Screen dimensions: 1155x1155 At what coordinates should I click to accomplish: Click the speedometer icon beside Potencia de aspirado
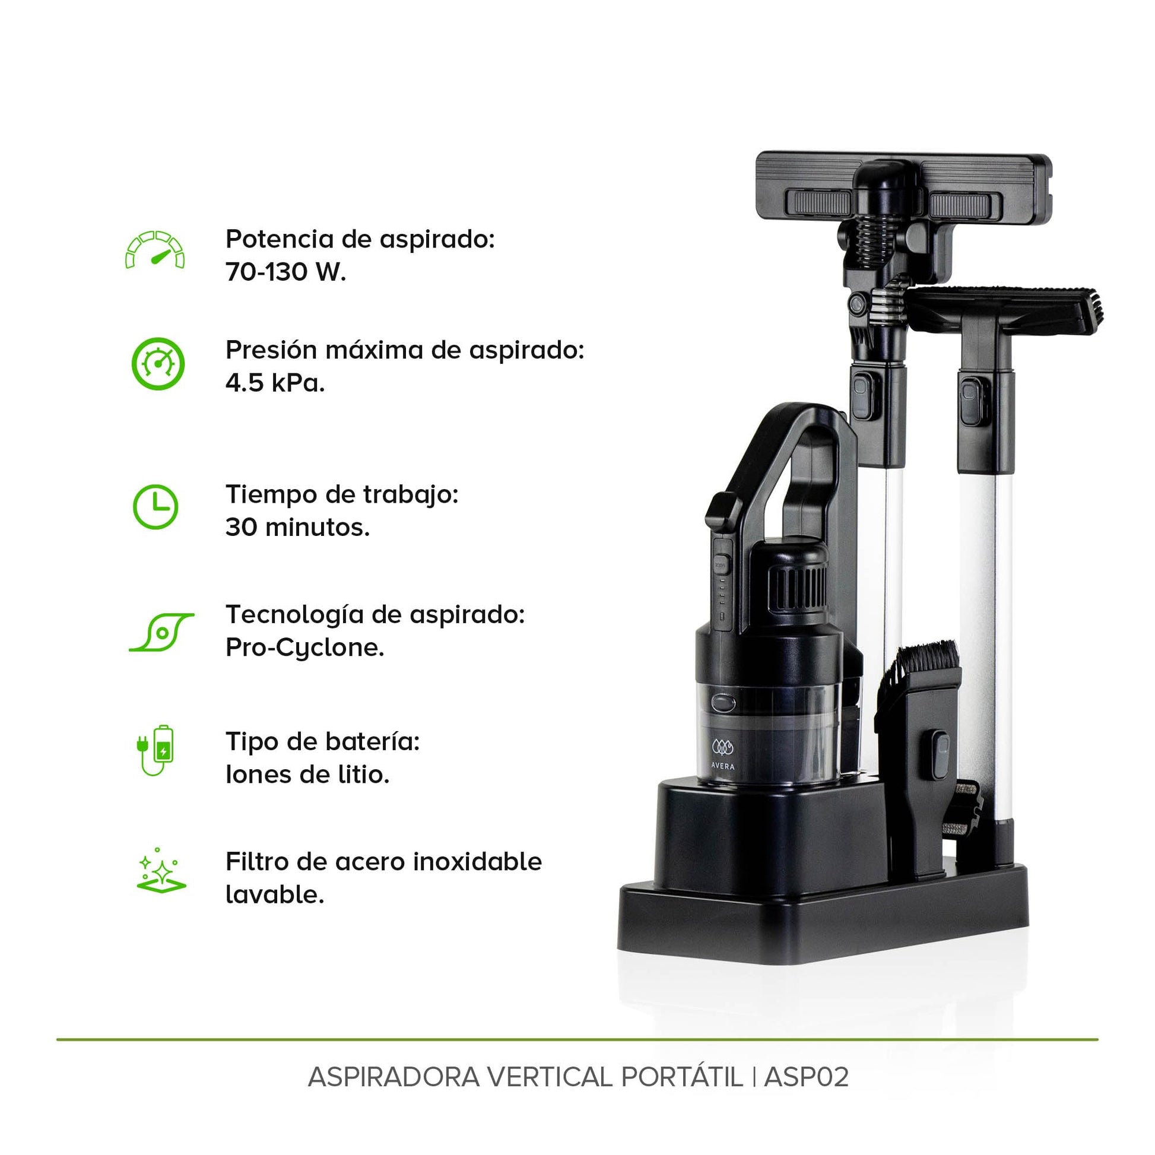pyautogui.click(x=155, y=249)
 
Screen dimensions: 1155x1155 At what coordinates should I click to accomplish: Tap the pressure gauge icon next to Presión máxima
pyautogui.click(x=158, y=364)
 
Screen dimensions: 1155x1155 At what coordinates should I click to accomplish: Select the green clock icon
pyautogui.click(x=156, y=507)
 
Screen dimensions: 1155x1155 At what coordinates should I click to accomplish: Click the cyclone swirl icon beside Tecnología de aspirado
pyautogui.click(x=162, y=632)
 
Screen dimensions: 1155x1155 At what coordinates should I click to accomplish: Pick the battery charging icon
pyautogui.click(x=156, y=750)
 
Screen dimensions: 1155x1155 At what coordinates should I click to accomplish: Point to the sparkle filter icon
pyautogui.click(x=161, y=871)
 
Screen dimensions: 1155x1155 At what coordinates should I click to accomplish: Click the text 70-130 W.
pyautogui.click(x=285, y=272)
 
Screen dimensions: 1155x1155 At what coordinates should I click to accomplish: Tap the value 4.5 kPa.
pyautogui.click(x=275, y=383)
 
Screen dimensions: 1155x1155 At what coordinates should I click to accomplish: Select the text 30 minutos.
pyautogui.click(x=298, y=527)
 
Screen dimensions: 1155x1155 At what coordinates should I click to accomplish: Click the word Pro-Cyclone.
pyautogui.click(x=305, y=648)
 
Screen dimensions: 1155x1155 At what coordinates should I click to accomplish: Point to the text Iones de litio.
pyautogui.click(x=307, y=775)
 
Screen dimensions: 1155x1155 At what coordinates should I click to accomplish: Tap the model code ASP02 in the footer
pyautogui.click(x=806, y=1077)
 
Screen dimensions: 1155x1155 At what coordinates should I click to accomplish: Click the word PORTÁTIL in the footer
pyautogui.click(x=681, y=1076)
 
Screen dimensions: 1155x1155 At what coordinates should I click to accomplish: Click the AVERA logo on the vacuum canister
pyautogui.click(x=723, y=754)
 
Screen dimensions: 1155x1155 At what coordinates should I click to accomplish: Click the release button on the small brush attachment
pyautogui.click(x=941, y=754)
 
